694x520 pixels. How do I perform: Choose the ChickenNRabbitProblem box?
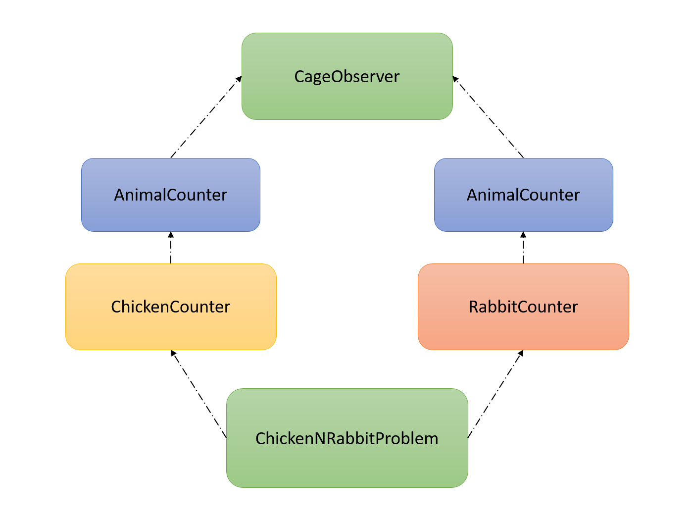(x=347, y=466)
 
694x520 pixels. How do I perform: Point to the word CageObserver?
(x=347, y=76)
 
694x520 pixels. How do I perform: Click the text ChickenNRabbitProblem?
(x=347, y=438)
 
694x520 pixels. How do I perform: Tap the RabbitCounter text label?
(x=523, y=307)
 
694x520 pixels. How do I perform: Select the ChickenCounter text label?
(x=171, y=307)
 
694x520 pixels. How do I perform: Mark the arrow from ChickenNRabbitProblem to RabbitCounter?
(x=495, y=394)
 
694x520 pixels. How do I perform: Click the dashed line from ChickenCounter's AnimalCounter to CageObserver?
(x=205, y=118)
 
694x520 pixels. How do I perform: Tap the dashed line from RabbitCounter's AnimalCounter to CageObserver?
(x=489, y=118)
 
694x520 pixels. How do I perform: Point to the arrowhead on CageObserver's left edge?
(x=239, y=78)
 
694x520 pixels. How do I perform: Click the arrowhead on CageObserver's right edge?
(x=455, y=78)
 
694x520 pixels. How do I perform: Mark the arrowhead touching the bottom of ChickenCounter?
(x=173, y=353)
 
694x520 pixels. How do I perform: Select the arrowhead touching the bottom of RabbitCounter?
(x=521, y=353)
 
